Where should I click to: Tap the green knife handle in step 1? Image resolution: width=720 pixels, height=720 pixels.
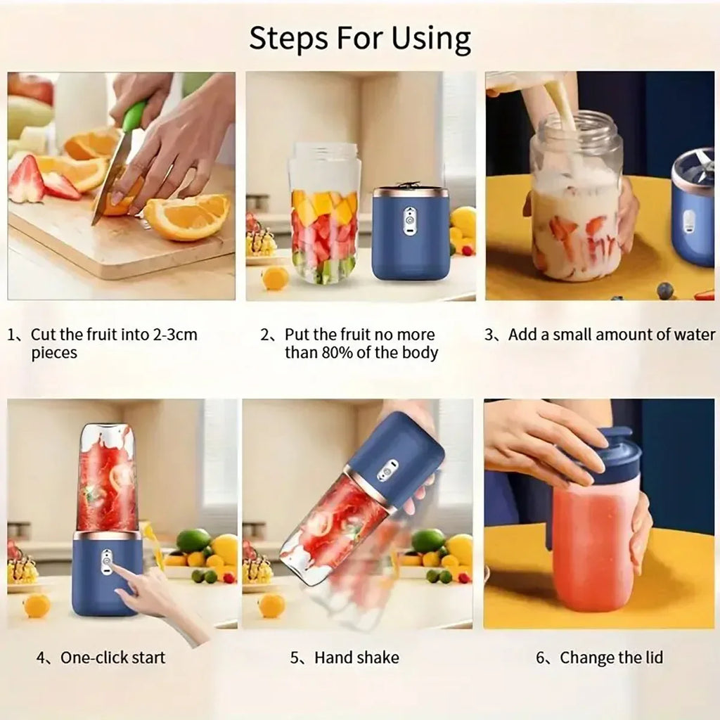click(134, 116)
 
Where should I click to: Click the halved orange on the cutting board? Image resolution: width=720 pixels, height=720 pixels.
click(187, 217)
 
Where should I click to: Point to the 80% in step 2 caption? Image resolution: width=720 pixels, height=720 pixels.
click(349, 353)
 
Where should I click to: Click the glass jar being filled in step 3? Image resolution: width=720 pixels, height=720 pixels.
click(576, 204)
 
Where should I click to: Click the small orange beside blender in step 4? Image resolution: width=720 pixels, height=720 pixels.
click(37, 605)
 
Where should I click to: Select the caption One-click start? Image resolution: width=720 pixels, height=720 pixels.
click(112, 658)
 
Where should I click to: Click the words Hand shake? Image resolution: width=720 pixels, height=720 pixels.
click(356, 658)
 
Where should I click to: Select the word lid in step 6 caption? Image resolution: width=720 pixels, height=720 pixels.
click(651, 658)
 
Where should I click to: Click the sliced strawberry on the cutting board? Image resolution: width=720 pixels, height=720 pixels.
click(27, 181)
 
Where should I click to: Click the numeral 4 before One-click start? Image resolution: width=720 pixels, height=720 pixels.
click(41, 658)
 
